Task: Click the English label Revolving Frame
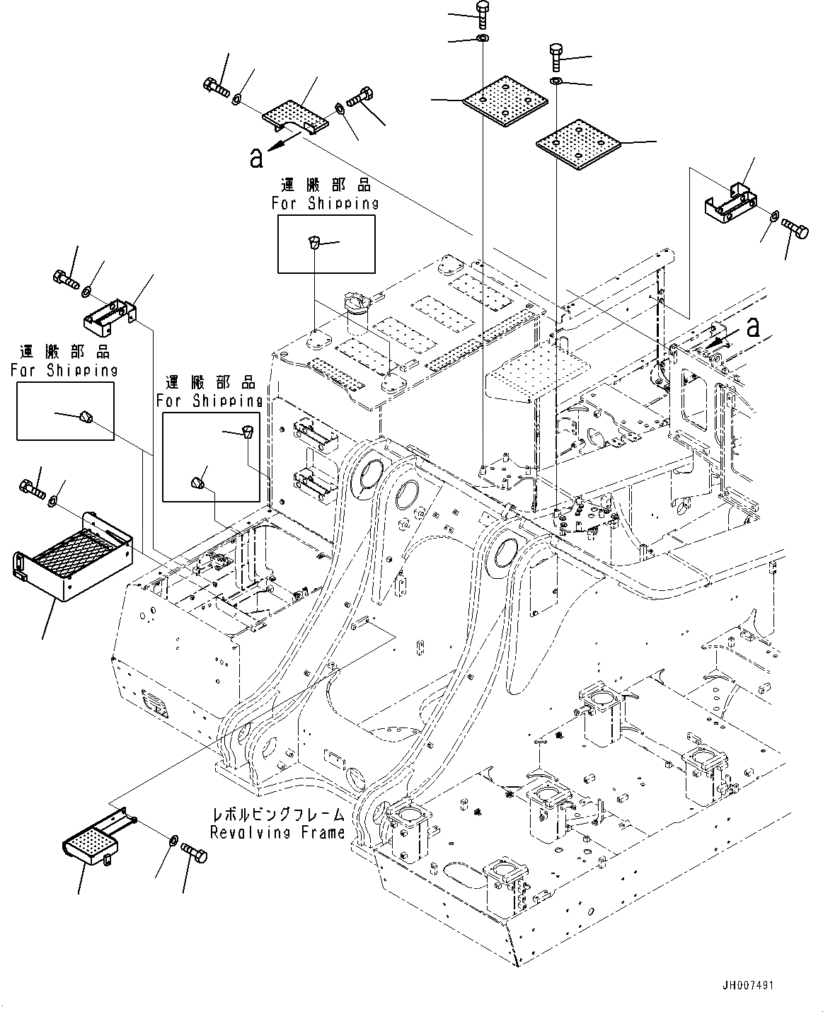click(277, 832)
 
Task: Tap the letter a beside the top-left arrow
click(255, 158)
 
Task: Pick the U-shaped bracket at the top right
click(731, 201)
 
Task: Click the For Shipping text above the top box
click(325, 203)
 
